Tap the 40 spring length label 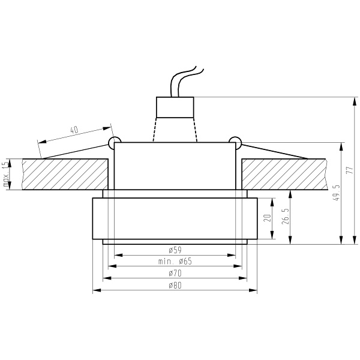74,130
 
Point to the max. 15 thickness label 7,174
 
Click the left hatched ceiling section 63,174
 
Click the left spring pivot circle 112,142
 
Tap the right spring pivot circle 236,142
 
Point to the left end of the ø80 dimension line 94,291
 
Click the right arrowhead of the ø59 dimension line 234,256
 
